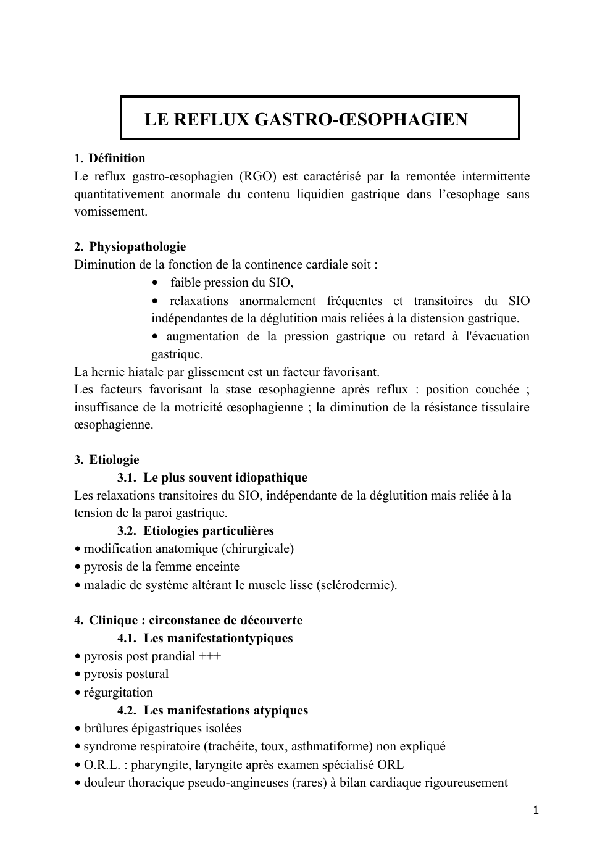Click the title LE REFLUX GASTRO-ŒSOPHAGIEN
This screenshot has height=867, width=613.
coord(306,119)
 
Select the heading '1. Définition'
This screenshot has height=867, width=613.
coord(110,158)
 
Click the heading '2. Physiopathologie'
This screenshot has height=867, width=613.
coord(130,247)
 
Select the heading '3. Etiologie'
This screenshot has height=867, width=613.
coord(107,460)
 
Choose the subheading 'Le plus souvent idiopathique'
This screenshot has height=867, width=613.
coord(225,478)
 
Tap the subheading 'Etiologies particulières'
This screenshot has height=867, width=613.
coord(209,531)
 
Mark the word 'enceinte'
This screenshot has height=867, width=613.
coord(217,567)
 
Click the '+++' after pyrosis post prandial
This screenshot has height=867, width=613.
coord(210,656)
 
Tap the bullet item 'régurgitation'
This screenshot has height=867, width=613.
coord(118,693)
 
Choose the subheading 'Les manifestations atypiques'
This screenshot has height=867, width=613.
coord(226,711)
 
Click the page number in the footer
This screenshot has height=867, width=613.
coord(536,810)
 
